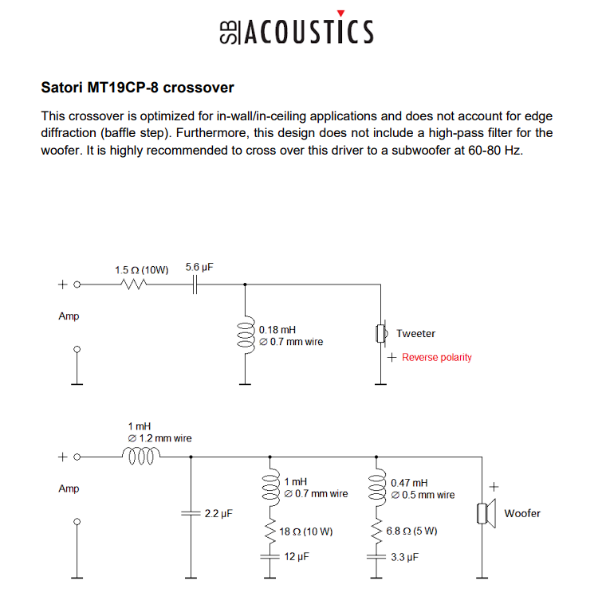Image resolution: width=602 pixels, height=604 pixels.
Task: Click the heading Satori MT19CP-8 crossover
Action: [x=138, y=88]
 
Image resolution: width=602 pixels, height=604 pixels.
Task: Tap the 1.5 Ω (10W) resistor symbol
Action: [x=133, y=284]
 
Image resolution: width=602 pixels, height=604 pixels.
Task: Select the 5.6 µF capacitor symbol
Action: [x=195, y=284]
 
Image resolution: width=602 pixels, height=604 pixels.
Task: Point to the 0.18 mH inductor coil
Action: [x=246, y=335]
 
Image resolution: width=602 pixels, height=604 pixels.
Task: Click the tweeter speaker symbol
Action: [x=382, y=333]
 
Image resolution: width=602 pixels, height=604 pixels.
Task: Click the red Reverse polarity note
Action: [x=437, y=357]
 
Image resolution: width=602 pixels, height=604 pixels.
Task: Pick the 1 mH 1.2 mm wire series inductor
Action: [x=141, y=455]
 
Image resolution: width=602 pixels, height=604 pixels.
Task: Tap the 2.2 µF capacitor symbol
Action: [x=191, y=513]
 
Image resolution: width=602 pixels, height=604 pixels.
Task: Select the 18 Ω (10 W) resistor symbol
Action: [x=270, y=531]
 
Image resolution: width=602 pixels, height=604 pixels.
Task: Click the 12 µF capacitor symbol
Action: [x=270, y=556]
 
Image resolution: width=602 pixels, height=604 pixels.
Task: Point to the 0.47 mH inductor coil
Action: [x=377, y=488]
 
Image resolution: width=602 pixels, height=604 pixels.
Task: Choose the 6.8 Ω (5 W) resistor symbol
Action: [x=376, y=531]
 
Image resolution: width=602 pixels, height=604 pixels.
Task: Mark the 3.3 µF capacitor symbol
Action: [x=376, y=557]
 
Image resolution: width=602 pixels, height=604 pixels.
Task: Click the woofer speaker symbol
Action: [x=486, y=513]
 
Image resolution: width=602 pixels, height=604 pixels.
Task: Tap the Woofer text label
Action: [x=522, y=513]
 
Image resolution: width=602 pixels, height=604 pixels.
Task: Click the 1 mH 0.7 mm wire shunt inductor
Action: [x=270, y=488]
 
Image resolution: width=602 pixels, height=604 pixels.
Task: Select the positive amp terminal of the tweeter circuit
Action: [x=77, y=284]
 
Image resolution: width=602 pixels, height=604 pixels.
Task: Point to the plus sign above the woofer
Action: [x=494, y=487]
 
